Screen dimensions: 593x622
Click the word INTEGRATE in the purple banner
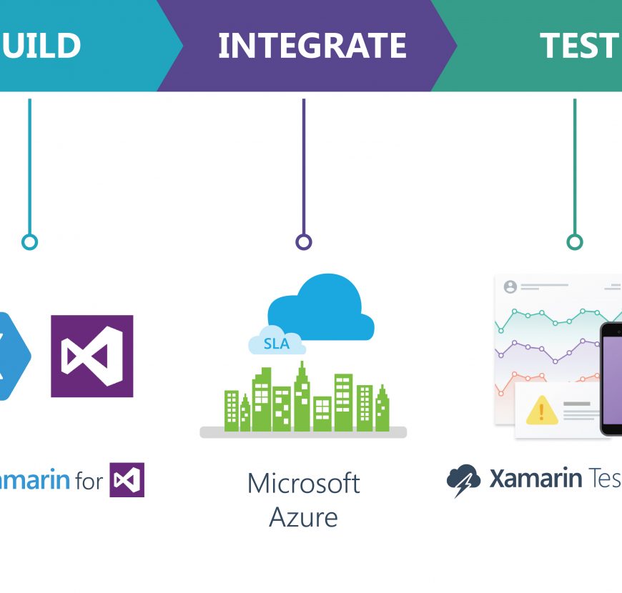click(312, 46)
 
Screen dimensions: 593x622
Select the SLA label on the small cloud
click(277, 344)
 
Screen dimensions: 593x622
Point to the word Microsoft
click(304, 484)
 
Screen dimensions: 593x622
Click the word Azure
click(304, 517)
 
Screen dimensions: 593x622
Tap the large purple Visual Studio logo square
click(92, 356)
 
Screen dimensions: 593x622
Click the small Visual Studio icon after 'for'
click(127, 480)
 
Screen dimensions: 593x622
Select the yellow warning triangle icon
click(541, 411)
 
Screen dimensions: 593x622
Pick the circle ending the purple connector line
click(304, 242)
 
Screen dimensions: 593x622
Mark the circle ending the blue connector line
click(29, 242)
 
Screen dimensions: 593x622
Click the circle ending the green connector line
click(575, 242)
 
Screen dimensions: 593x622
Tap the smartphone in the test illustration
click(611, 379)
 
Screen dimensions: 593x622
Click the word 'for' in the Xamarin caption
click(89, 481)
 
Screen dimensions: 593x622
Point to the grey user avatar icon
click(510, 286)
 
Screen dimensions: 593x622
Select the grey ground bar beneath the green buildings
click(303, 432)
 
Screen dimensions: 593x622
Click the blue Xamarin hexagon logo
click(11, 356)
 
